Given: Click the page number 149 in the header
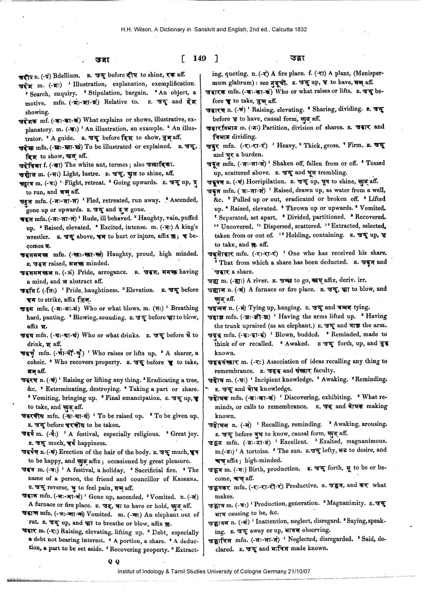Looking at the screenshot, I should [x=199, y=58].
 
